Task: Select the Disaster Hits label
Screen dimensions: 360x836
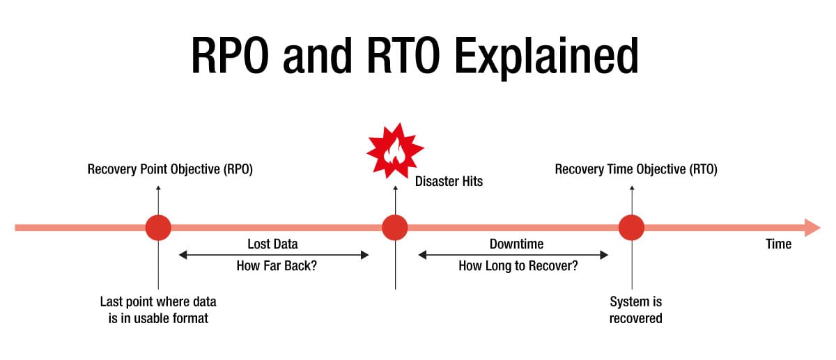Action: pos(449,182)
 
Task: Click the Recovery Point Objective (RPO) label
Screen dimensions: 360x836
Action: pos(170,169)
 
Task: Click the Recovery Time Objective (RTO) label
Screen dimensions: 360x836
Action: pos(636,169)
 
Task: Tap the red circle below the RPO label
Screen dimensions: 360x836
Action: pos(158,227)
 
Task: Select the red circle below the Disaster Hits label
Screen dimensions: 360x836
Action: pos(395,227)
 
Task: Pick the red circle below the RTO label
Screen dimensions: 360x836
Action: pos(632,227)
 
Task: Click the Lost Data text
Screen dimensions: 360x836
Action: pos(272,244)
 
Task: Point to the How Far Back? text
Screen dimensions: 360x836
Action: pos(272,266)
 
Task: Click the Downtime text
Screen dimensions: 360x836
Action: pos(516,244)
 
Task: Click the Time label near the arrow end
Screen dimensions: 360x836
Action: pos(778,244)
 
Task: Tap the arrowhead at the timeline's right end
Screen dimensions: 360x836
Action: pos(812,227)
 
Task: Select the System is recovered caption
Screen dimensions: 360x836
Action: pos(635,310)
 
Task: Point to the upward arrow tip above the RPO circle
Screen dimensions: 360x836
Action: pos(158,187)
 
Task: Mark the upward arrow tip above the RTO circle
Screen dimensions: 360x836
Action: pos(632,187)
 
